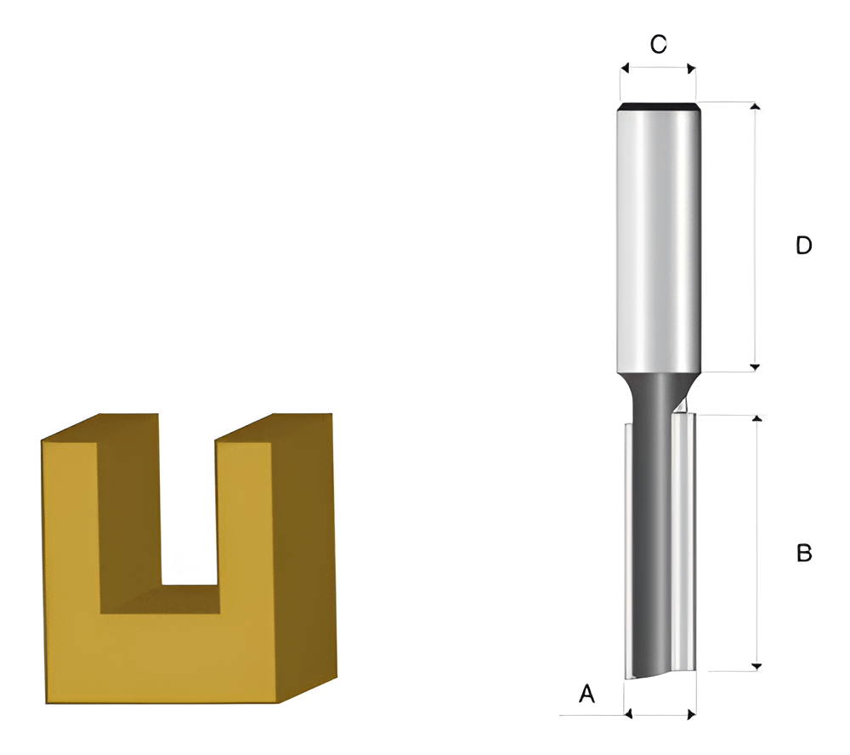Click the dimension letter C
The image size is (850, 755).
[x=658, y=44]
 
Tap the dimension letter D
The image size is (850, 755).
[x=804, y=245]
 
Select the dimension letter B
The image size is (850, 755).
[x=804, y=553]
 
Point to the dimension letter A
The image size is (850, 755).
[x=587, y=693]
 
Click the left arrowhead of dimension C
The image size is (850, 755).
[x=625, y=68]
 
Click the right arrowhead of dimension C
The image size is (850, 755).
[x=691, y=68]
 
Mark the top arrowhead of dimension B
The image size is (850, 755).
[x=758, y=418]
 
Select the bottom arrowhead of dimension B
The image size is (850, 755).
[x=758, y=667]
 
